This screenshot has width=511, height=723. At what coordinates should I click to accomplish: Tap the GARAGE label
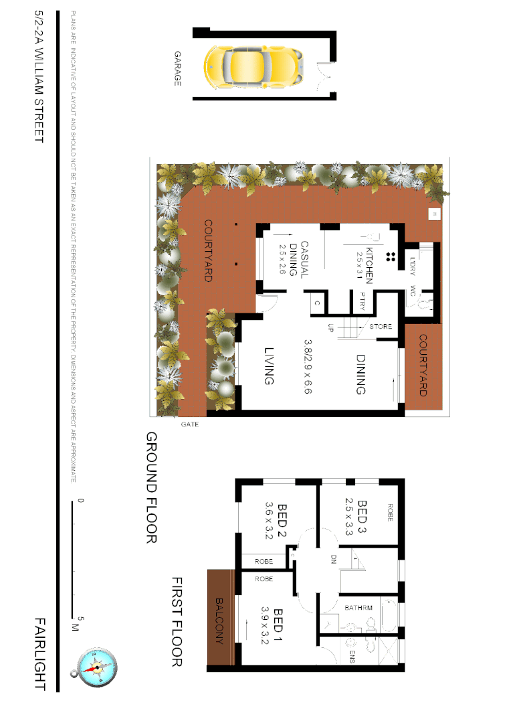(178, 68)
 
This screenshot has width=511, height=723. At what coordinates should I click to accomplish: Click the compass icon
(98, 667)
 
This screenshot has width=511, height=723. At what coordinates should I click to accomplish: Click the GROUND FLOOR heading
(151, 487)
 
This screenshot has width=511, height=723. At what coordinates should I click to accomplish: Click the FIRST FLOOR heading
(177, 622)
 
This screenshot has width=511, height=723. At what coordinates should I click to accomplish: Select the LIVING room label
(270, 366)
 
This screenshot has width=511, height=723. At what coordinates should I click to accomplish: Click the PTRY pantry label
(363, 301)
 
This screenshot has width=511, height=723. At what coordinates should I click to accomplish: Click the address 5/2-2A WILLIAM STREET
(39, 76)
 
